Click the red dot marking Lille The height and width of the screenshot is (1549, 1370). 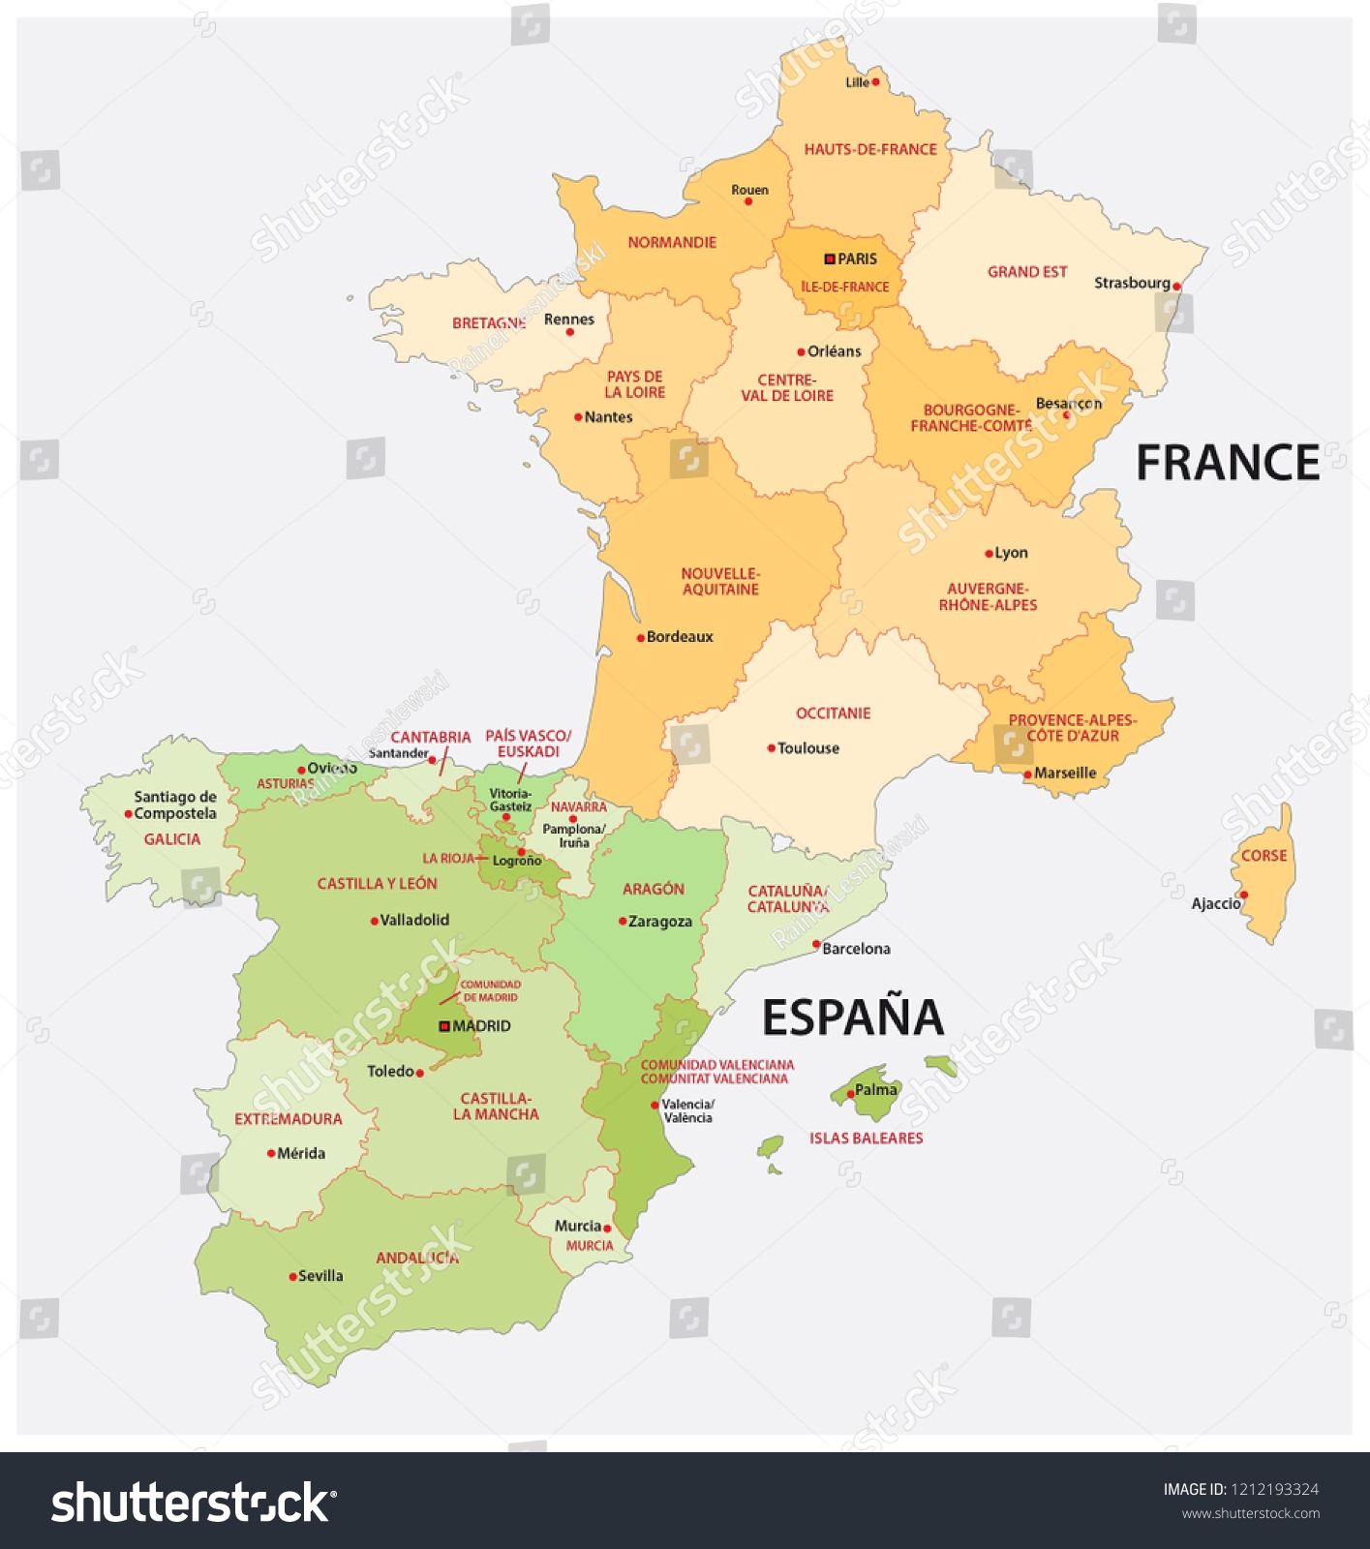(x=875, y=82)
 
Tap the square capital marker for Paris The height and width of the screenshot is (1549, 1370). (x=829, y=259)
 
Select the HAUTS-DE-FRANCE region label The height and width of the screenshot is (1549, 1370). (x=870, y=149)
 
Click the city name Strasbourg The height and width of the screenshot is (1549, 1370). (x=1132, y=283)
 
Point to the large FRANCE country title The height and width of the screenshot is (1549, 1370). (x=1227, y=463)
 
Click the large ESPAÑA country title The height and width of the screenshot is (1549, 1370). (x=852, y=1017)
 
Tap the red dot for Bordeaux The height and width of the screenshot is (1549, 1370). (x=640, y=638)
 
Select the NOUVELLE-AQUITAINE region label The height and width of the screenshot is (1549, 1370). (x=720, y=581)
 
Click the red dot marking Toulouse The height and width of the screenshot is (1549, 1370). (x=771, y=748)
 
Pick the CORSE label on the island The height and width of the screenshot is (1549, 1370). (x=1263, y=856)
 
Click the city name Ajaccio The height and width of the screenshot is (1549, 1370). (x=1215, y=903)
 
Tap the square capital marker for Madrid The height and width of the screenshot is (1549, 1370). (x=444, y=1026)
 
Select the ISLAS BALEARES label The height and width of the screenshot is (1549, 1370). (x=866, y=1139)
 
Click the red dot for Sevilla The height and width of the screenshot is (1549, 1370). (x=292, y=1277)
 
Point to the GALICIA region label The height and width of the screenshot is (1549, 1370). (x=172, y=839)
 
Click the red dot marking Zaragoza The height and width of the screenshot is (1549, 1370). (x=623, y=922)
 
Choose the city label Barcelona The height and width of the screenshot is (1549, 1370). (x=856, y=949)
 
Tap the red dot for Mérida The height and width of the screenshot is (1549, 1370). (x=271, y=1154)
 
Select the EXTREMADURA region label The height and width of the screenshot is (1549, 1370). (x=289, y=1119)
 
